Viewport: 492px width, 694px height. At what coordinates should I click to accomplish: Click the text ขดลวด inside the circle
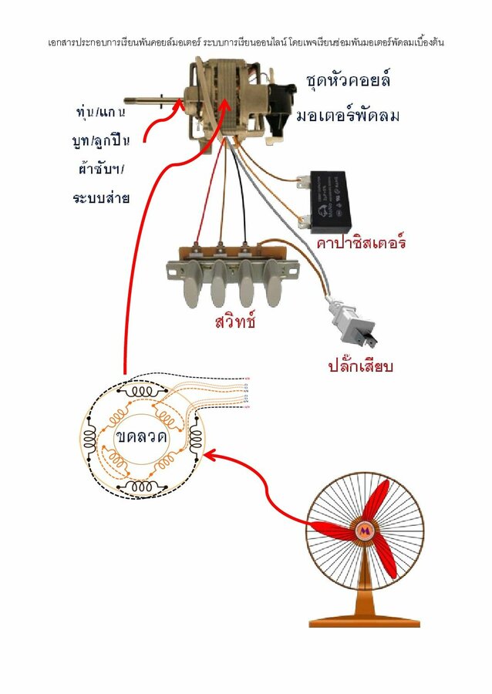[x=142, y=437]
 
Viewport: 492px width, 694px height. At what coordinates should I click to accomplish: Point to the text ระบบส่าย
[x=100, y=197]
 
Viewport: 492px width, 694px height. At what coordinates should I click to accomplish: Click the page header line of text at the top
[x=245, y=42]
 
